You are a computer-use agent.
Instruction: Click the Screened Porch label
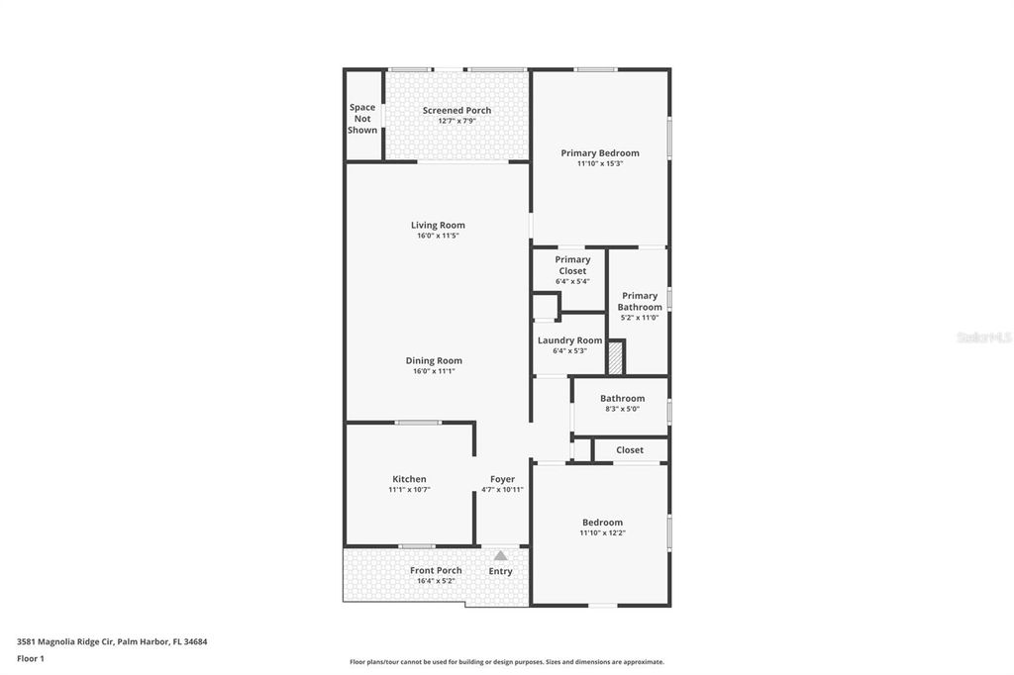(x=456, y=110)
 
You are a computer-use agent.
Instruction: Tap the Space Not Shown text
(x=362, y=119)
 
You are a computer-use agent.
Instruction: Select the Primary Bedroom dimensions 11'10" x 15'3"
(x=599, y=163)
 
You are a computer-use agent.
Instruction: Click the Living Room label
(x=438, y=225)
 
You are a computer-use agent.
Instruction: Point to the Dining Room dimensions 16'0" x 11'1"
(x=434, y=371)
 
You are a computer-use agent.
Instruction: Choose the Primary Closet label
(x=572, y=265)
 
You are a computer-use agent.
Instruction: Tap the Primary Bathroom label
(x=640, y=301)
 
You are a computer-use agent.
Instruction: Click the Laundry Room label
(x=569, y=340)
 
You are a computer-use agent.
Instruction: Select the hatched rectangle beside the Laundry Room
(x=615, y=356)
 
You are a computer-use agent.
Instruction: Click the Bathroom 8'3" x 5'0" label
(x=622, y=398)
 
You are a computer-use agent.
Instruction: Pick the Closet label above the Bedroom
(x=630, y=449)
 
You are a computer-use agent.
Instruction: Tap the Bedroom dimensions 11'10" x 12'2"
(x=602, y=532)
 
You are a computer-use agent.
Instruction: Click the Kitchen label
(x=409, y=479)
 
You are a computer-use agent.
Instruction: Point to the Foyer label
(x=502, y=479)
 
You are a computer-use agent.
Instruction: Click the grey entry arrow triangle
(x=500, y=556)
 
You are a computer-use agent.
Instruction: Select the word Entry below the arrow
(x=500, y=571)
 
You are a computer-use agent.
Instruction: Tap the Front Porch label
(x=436, y=570)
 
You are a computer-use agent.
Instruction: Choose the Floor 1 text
(x=31, y=658)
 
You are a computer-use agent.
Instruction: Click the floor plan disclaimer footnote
(x=506, y=662)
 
